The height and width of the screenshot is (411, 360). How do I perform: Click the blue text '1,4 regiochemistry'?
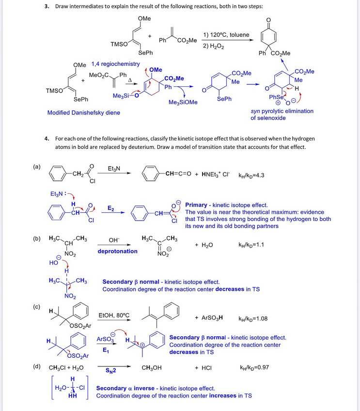[115, 64]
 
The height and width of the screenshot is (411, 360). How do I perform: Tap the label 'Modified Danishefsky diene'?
[83, 112]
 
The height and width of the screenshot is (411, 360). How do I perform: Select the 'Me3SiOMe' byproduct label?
[183, 102]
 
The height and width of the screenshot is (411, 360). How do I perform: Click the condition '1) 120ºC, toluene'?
[226, 35]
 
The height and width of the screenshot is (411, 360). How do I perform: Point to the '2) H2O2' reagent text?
[213, 46]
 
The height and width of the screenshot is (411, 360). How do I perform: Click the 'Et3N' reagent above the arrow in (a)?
[114, 168]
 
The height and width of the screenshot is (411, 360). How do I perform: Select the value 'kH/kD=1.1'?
[251, 245]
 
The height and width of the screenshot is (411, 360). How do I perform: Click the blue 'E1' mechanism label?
[106, 349]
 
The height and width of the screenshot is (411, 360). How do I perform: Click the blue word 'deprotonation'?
[117, 251]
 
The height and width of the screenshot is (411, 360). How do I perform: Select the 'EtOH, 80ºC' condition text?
[114, 315]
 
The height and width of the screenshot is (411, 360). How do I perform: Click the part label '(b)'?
[37, 239]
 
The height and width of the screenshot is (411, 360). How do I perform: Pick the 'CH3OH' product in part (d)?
[151, 367]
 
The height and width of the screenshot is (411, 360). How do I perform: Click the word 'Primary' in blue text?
[197, 205]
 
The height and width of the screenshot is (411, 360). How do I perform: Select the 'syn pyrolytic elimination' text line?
[282, 111]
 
